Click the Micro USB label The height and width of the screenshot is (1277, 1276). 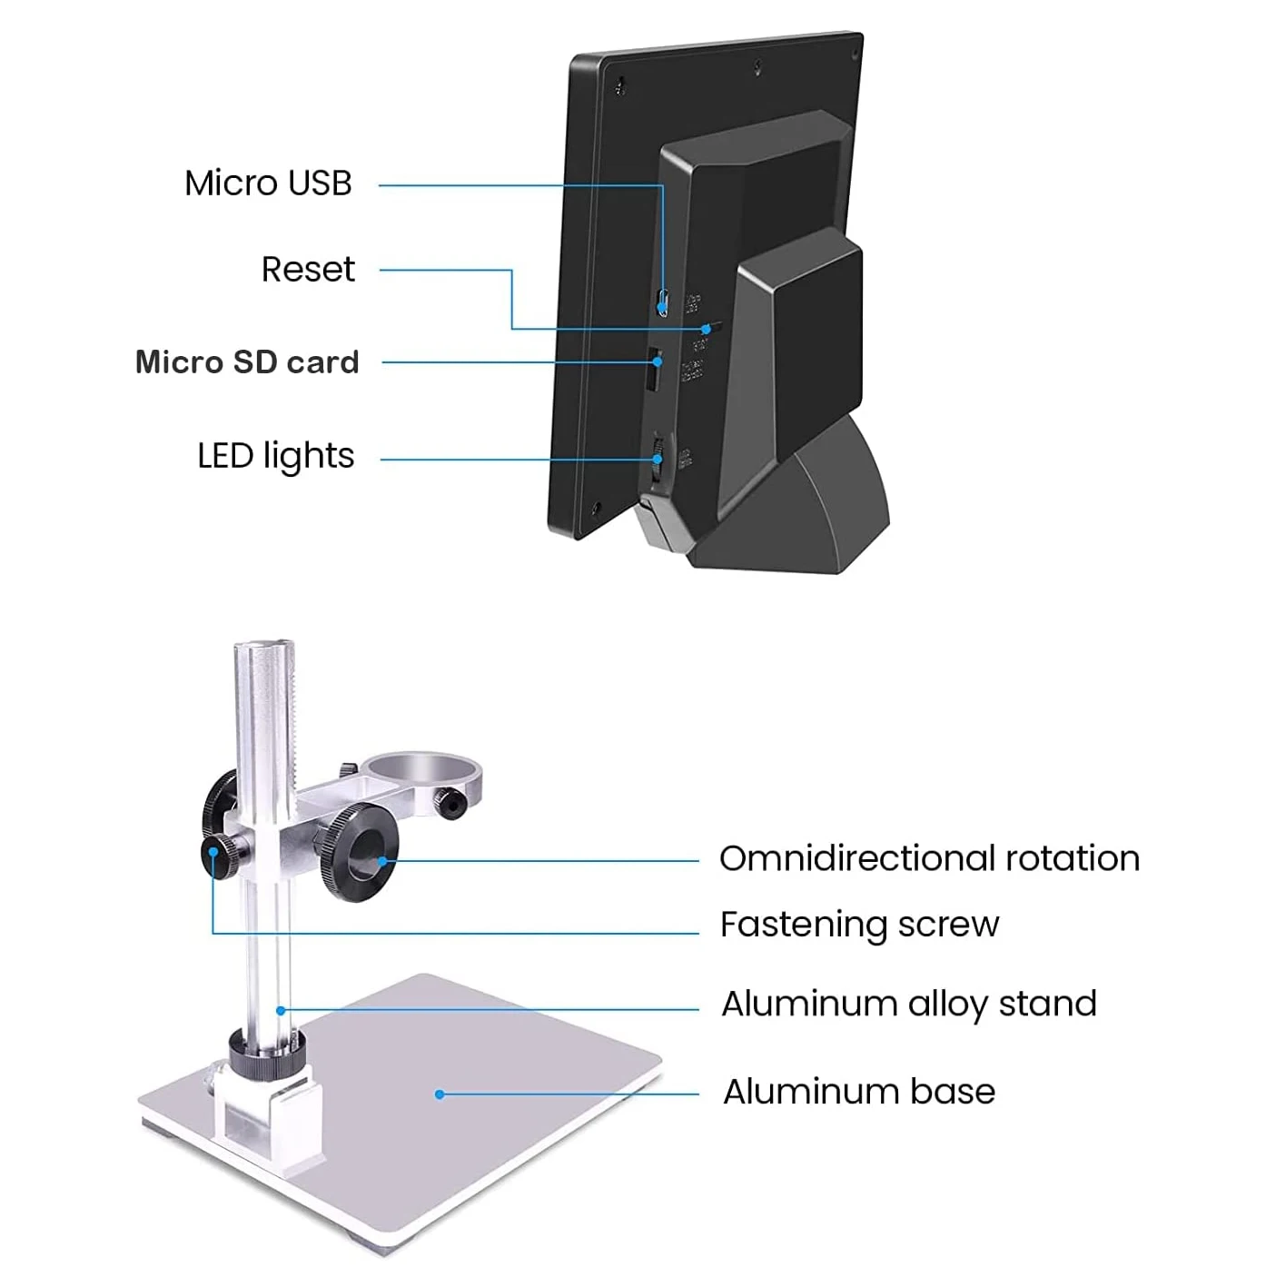tap(268, 183)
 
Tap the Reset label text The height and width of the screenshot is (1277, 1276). tap(308, 270)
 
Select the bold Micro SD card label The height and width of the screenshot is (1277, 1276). tap(247, 362)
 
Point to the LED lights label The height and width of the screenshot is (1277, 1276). tap(275, 456)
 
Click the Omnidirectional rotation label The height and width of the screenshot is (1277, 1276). tap(928, 858)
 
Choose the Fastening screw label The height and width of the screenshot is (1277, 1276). tap(859, 925)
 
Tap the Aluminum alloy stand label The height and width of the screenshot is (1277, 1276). tap(908, 1005)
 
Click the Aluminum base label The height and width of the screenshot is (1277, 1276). tap(858, 1092)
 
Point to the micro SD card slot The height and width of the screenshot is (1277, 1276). tap(653, 370)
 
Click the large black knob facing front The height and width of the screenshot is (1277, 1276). tap(361, 852)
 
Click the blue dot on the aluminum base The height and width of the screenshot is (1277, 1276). tap(440, 1094)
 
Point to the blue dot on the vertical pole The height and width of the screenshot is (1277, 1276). tap(282, 1010)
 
